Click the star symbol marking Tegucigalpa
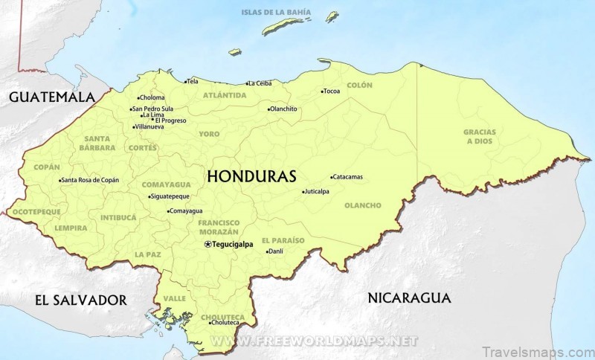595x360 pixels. point(208,244)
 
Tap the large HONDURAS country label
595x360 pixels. point(251,176)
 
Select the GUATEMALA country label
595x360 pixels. point(53,97)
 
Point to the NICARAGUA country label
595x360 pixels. point(409,298)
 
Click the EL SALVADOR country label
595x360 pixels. point(81,300)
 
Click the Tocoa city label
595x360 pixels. point(332,91)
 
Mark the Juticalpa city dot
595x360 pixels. point(303,192)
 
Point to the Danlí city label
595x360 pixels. point(277,251)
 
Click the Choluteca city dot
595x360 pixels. point(209,323)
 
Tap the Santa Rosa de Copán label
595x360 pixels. point(90,180)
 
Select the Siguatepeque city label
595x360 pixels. point(170,196)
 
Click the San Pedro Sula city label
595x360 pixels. point(152,109)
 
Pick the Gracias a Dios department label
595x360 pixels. point(479,136)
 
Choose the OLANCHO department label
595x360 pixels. point(363,205)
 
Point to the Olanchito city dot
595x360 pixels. point(269,109)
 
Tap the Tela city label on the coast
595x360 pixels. point(193,80)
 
